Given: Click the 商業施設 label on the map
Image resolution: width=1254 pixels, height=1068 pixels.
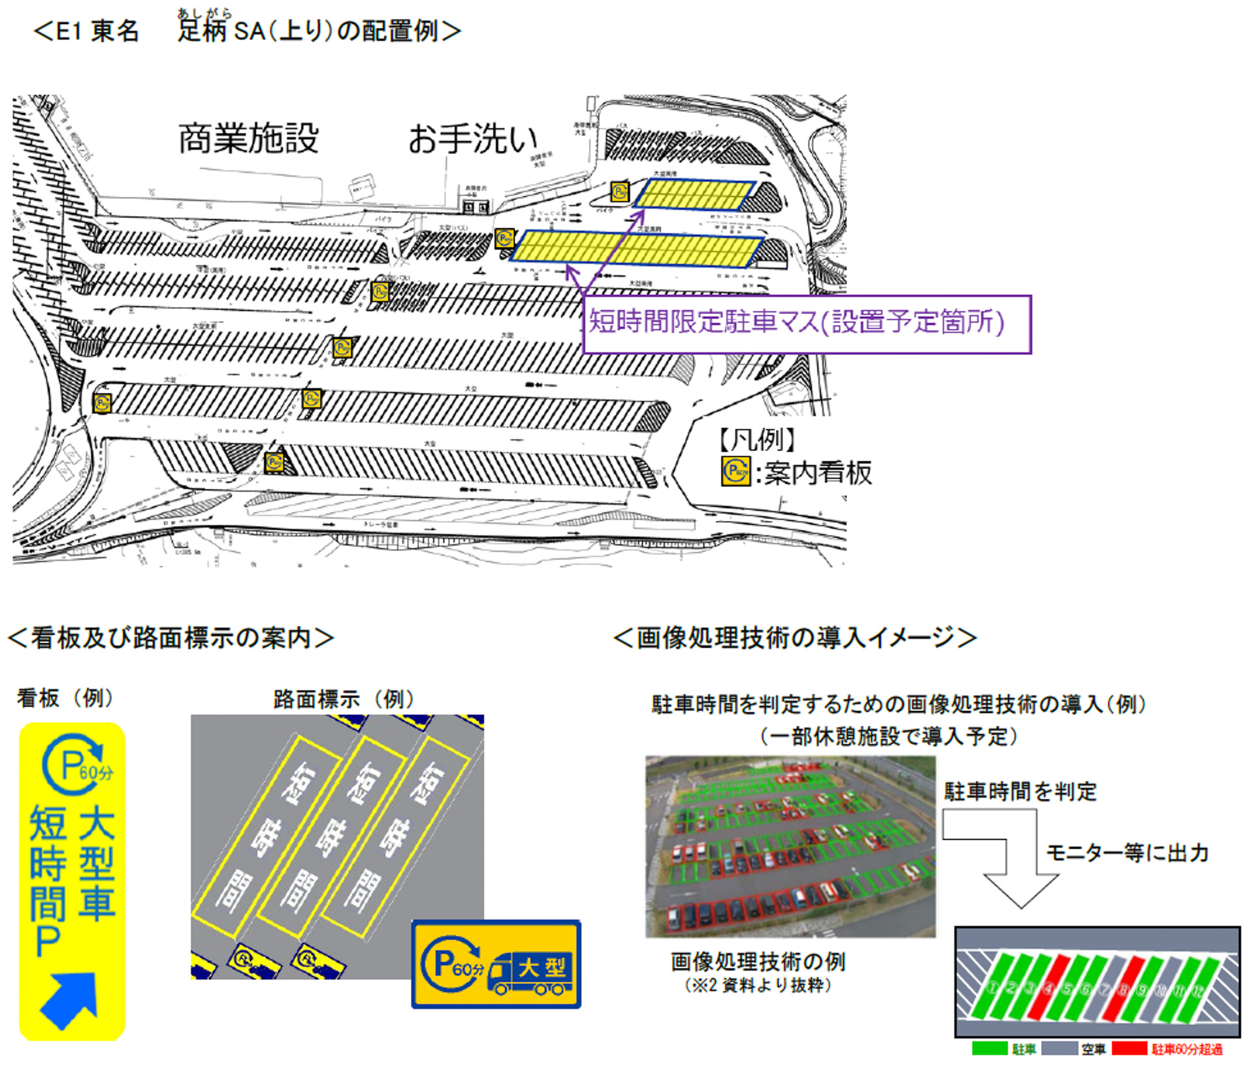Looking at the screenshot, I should point(248,138).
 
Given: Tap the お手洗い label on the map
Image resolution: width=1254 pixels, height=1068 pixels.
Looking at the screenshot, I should point(472,138).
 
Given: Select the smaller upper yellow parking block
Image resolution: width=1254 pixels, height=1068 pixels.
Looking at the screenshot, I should point(694,195).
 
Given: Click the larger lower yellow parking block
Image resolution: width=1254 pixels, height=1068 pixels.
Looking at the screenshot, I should point(637,249).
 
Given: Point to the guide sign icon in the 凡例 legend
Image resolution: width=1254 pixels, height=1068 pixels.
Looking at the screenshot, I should point(735,471).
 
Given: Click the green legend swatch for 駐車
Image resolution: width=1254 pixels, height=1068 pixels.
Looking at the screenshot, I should point(989,1048).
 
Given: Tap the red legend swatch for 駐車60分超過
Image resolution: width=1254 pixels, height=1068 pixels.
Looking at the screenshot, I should point(1129,1048).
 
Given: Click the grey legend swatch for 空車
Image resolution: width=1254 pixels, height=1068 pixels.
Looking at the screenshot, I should point(1059,1048).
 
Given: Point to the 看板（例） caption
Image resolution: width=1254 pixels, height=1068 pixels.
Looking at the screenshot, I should point(65,698).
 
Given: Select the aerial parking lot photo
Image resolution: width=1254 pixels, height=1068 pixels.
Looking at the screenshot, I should point(790,846).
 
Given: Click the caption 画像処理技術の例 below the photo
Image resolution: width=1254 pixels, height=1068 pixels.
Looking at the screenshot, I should point(758,962).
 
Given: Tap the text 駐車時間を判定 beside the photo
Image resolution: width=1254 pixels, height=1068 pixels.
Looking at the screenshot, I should point(1020,792).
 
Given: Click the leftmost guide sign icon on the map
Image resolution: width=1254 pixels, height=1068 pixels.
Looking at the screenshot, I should point(102,403).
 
